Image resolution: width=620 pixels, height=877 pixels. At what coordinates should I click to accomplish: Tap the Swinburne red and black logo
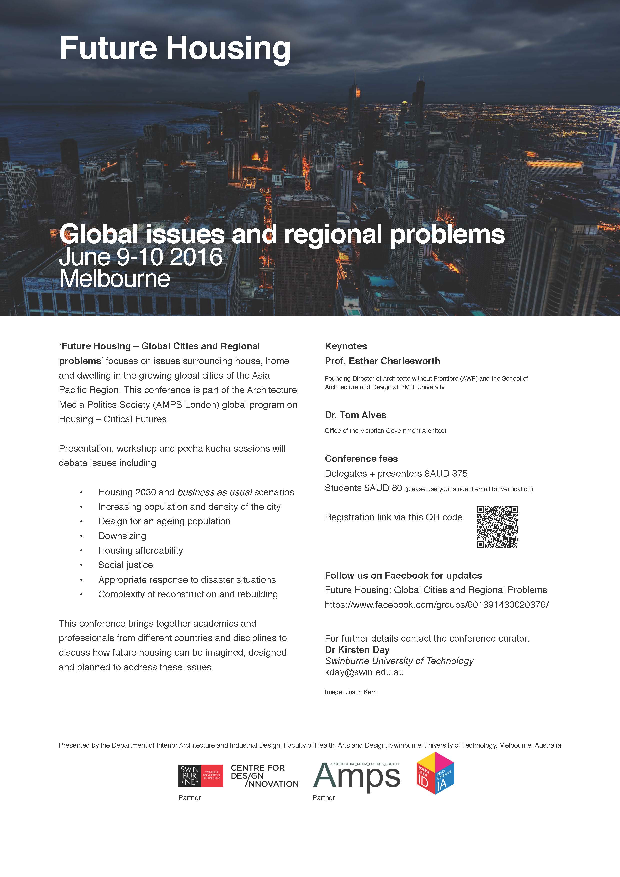point(200,776)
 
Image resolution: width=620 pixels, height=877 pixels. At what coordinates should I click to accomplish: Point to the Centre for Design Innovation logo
point(264,776)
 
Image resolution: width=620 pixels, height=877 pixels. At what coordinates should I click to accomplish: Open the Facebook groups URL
point(436,605)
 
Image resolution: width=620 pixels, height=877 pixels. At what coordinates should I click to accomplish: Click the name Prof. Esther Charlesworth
point(382,361)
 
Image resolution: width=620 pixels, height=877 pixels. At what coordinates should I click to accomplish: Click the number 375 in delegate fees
point(459,474)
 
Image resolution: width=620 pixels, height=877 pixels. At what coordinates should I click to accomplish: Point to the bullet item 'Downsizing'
point(122,536)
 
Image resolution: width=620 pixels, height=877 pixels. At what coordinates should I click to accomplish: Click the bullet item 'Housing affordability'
point(140,550)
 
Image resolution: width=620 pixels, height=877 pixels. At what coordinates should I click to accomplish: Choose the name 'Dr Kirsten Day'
point(357,650)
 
